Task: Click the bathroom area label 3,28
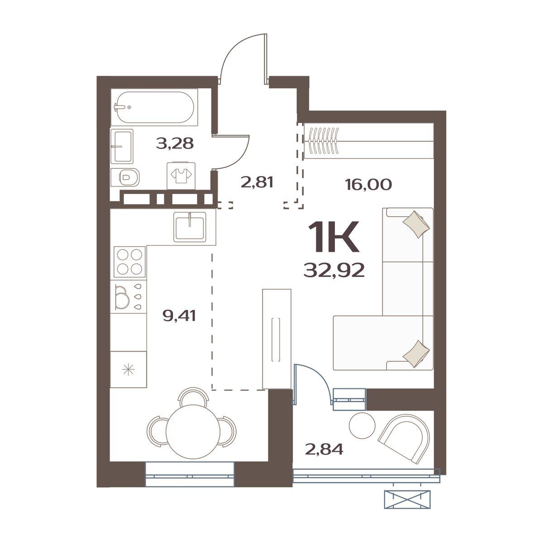(x=175, y=143)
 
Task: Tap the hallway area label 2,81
(x=257, y=182)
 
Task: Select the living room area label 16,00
(x=368, y=185)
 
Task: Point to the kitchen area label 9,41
(x=179, y=316)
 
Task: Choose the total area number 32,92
(x=334, y=271)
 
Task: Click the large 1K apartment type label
(x=334, y=236)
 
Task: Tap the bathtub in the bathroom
(x=154, y=107)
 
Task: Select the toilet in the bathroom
(x=125, y=177)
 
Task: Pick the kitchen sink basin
(x=190, y=227)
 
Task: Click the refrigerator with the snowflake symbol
(x=129, y=369)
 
